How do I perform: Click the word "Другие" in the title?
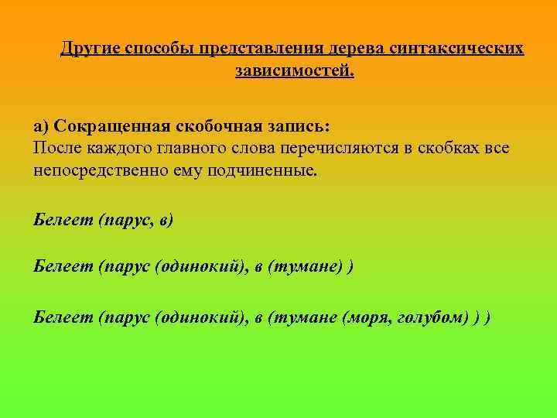87,48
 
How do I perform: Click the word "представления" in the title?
257,48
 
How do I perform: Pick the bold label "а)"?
41,125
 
